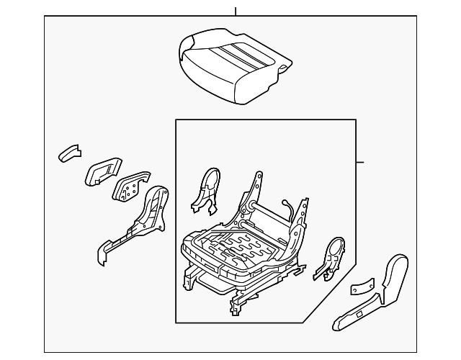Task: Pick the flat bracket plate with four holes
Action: point(130,187)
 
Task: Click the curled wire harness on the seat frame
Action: point(290,210)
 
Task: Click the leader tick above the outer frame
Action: point(236,11)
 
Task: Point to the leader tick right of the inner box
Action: point(360,161)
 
